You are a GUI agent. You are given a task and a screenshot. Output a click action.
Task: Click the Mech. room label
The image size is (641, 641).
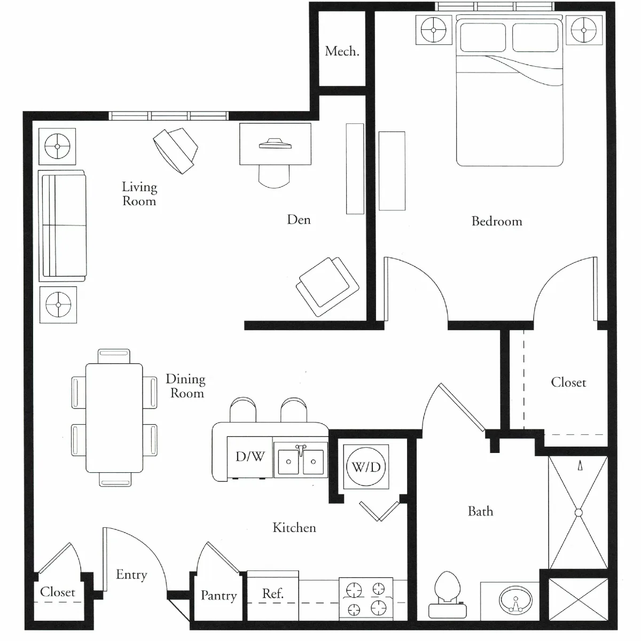(342, 51)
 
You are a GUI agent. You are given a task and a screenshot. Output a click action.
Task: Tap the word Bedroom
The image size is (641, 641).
(497, 221)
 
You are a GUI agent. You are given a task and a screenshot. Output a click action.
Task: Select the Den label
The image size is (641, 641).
(299, 220)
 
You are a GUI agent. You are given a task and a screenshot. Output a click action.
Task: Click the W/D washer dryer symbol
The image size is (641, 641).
(366, 467)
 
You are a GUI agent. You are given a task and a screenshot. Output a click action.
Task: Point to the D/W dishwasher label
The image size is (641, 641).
(250, 456)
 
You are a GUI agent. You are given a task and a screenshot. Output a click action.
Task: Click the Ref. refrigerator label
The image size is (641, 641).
(273, 593)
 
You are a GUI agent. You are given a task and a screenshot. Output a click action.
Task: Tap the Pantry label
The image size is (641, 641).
(219, 596)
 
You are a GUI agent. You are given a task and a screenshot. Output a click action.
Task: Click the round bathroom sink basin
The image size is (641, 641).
(515, 600)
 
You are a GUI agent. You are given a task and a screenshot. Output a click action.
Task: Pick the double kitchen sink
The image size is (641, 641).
(300, 460)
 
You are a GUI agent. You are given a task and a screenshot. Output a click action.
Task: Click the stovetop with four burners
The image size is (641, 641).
(366, 599)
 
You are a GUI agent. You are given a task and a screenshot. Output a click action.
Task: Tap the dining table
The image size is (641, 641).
(114, 418)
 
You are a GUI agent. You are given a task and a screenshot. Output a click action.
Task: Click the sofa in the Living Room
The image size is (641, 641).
(62, 225)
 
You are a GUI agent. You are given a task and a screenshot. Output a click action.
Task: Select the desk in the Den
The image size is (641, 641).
(276, 144)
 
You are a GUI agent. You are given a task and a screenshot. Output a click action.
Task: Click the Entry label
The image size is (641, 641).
(131, 574)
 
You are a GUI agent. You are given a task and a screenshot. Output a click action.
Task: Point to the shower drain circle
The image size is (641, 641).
(579, 513)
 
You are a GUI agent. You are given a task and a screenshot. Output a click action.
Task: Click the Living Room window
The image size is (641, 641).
(169, 116)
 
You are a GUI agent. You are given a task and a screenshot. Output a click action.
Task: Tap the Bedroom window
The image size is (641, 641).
(494, 6)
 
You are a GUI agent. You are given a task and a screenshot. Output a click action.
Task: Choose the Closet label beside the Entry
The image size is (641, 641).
(58, 592)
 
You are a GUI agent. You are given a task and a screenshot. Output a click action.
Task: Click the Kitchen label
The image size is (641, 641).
(294, 528)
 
